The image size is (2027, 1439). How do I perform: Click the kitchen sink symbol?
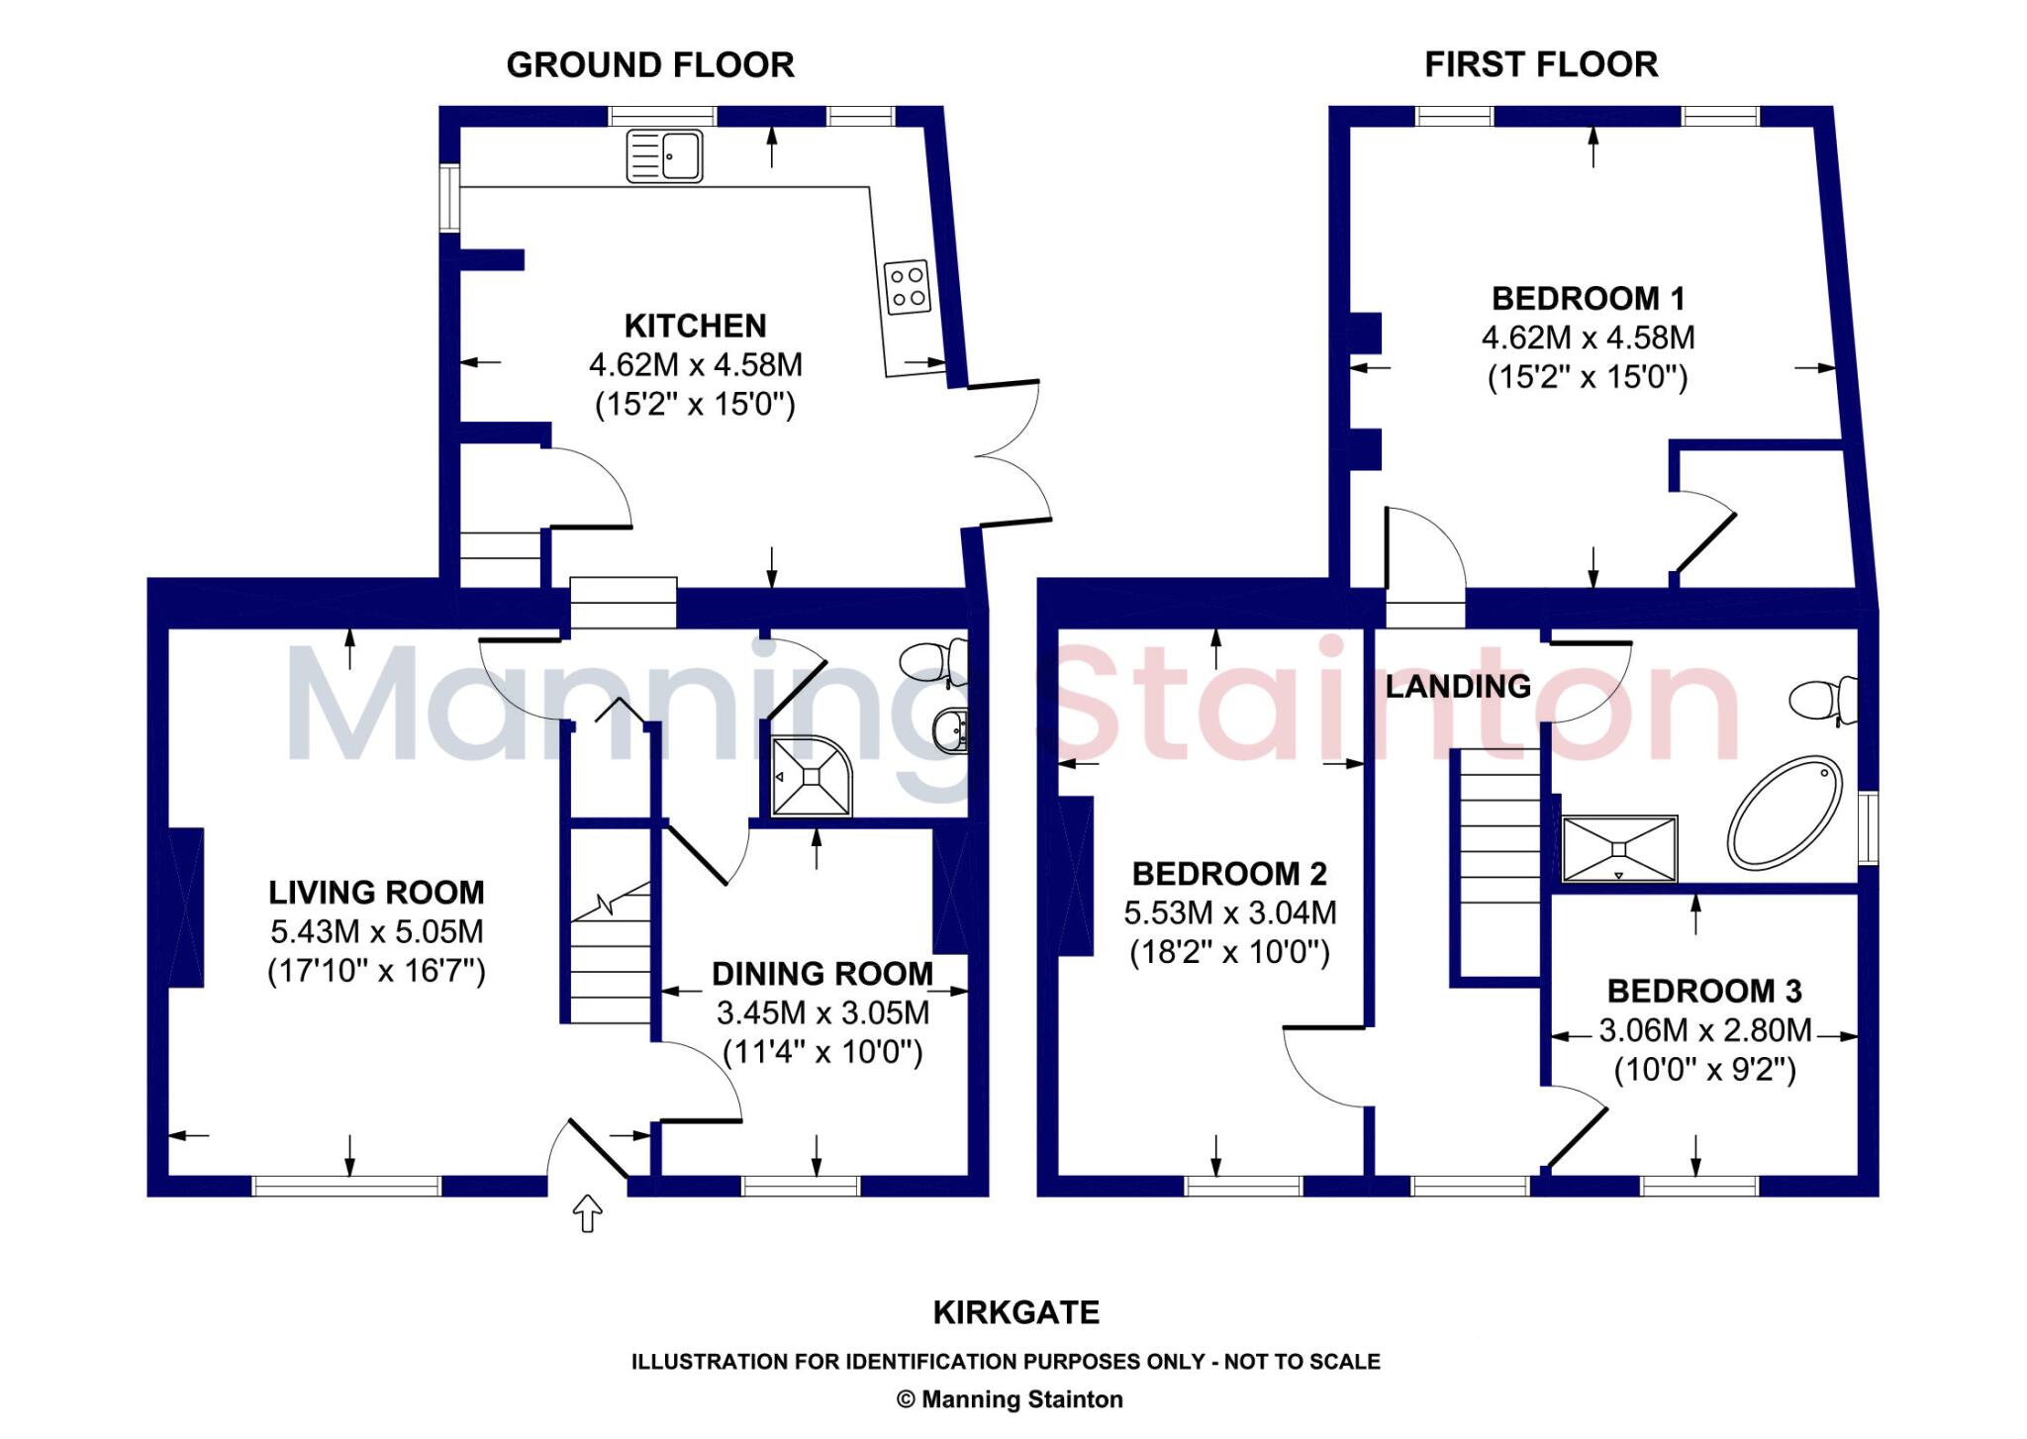click(x=665, y=156)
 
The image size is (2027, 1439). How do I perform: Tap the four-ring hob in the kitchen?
click(x=908, y=287)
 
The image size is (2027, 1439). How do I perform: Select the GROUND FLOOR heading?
click(x=650, y=65)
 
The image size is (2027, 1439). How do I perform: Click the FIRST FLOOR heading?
click(x=1541, y=65)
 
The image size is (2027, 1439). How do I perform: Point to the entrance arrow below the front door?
click(x=588, y=1213)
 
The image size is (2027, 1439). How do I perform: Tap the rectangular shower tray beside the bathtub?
click(x=1619, y=848)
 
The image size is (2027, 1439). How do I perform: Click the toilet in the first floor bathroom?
click(x=1823, y=700)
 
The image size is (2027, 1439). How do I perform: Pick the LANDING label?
click(x=1458, y=686)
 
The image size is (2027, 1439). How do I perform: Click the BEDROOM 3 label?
click(x=1704, y=991)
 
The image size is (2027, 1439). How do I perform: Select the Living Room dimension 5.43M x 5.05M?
click(x=377, y=931)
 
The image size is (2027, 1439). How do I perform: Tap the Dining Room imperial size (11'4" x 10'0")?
click(x=822, y=1052)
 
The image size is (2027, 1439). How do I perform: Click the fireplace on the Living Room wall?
click(x=186, y=908)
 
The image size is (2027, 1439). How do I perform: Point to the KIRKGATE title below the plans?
click(x=1016, y=1312)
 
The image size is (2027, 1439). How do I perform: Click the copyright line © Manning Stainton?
click(x=1010, y=1399)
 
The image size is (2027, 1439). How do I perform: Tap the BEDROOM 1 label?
click(x=1588, y=298)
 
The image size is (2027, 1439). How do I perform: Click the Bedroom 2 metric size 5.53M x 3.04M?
click(x=1229, y=912)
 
